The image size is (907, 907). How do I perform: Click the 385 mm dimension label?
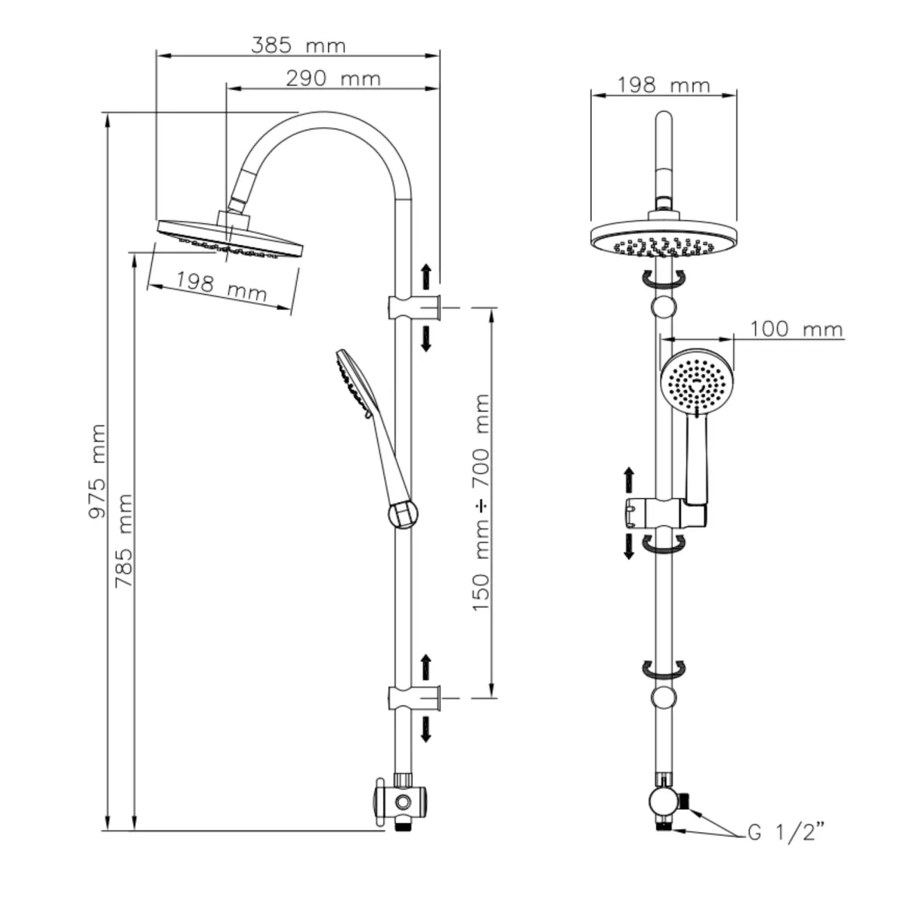(298, 45)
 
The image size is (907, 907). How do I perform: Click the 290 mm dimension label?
(333, 78)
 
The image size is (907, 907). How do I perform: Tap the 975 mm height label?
(98, 471)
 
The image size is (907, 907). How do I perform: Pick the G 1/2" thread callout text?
(785, 834)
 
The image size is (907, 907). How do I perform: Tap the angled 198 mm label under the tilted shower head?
(221, 286)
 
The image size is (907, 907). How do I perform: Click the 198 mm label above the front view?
(664, 85)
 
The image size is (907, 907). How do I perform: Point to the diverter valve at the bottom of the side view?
(401, 800)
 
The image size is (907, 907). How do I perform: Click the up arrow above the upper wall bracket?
(426, 274)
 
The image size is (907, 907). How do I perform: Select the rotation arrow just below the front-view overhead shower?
(663, 279)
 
